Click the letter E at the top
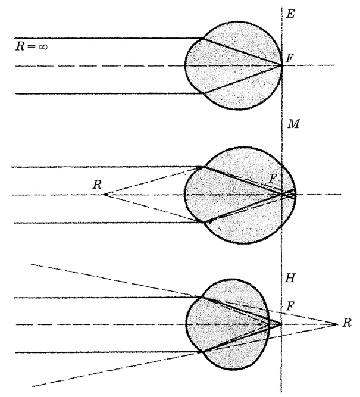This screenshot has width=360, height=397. point(290,12)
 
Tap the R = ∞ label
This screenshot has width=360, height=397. point(31,46)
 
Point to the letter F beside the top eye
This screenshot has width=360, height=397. point(290,58)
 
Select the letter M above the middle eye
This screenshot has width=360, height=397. point(292,124)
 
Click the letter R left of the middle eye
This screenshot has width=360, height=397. point(96,185)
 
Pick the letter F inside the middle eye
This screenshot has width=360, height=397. point(273,178)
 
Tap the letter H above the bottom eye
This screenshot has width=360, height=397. point(291,279)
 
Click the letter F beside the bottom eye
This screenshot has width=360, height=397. point(290,306)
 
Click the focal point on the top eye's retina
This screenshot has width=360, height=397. point(282,65)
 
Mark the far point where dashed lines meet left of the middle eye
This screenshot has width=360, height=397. point(105,195)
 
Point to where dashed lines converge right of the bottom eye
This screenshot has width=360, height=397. point(337,324)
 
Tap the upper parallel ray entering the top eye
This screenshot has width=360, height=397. point(107,39)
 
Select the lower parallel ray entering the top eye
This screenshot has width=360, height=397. point(107,93)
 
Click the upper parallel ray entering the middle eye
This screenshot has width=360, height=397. point(107,167)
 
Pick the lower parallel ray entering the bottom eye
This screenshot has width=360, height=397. point(107,352)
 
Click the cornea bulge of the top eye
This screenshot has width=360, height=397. point(189,65)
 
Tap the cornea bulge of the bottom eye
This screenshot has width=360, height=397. point(190,324)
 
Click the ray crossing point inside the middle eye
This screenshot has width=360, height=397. point(283,194)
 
